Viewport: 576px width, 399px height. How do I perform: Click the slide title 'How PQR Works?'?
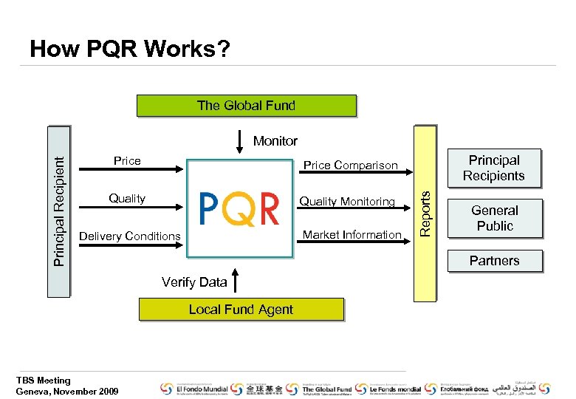click(129, 50)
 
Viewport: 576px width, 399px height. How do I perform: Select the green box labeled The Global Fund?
click(246, 106)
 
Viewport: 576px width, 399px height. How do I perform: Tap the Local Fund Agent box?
click(241, 310)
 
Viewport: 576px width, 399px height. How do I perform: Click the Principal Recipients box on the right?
click(493, 168)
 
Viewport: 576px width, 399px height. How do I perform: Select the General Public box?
click(494, 218)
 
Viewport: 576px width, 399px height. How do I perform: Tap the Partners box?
click(494, 261)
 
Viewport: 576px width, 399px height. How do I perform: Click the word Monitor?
click(275, 141)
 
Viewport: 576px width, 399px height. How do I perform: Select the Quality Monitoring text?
click(347, 201)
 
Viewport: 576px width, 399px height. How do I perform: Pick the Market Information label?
click(352, 235)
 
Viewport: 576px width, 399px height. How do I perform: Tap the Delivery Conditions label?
click(129, 236)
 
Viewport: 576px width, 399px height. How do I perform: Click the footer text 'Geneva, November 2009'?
click(66, 391)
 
